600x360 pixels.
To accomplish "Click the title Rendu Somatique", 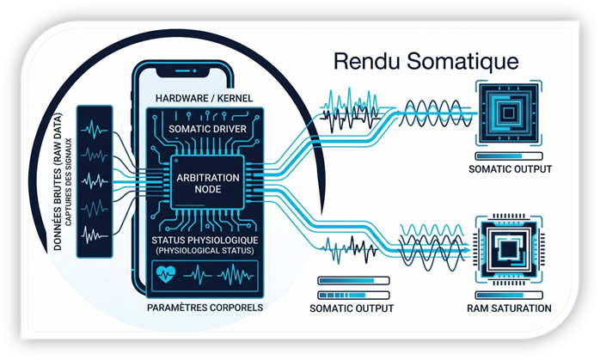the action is (426, 62).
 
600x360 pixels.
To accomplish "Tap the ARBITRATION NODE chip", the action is (207, 182).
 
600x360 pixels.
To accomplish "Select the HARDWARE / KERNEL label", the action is (204, 98).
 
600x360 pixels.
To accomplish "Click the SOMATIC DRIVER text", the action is (207, 129).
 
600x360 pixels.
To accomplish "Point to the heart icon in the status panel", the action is (166, 274).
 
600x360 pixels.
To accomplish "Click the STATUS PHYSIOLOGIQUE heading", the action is (205, 241).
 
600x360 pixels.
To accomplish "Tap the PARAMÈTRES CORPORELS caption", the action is (205, 308).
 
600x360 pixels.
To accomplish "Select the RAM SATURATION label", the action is (509, 308).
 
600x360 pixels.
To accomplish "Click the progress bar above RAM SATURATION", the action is (509, 296).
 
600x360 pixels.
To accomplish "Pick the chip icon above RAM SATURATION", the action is (509, 250).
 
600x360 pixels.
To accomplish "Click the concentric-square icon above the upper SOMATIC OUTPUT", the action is (509, 113).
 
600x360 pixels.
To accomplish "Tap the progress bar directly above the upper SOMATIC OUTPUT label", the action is (509, 156).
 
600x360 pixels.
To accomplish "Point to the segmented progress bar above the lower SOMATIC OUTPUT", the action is (353, 296).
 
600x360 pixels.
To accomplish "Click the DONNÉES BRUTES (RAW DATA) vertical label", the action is (58, 182).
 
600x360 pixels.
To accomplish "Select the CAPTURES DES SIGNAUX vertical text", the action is (69, 182).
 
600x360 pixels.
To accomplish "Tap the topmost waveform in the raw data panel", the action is (95, 130).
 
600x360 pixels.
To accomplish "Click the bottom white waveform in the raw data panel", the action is (95, 235).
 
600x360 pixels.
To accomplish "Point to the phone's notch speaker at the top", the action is (186, 71).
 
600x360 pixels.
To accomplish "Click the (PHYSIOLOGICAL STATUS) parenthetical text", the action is (205, 251).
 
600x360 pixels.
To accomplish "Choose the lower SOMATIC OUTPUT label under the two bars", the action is (352, 308).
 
